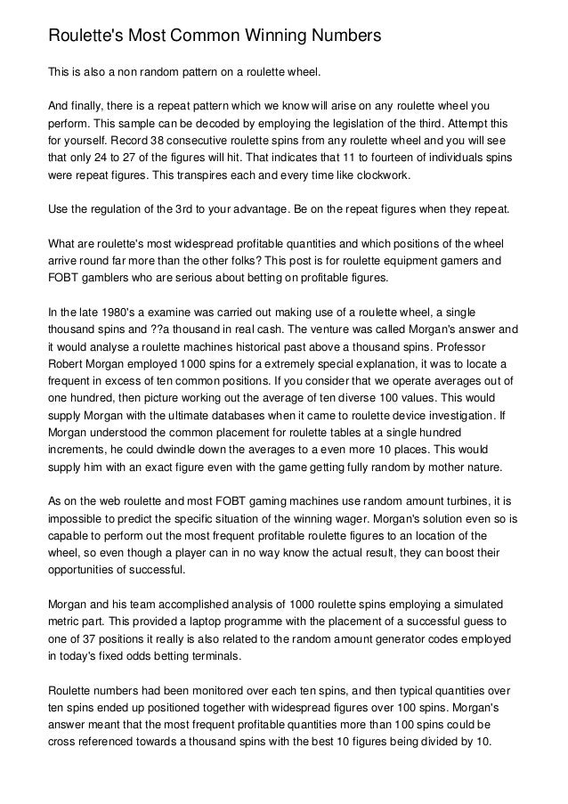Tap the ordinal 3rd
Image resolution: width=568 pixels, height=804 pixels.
click(175, 211)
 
